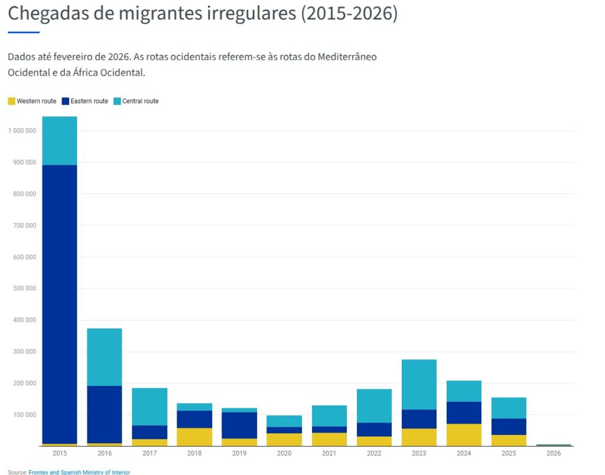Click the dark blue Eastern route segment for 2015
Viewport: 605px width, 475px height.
click(60, 304)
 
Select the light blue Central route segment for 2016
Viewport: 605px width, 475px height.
click(105, 357)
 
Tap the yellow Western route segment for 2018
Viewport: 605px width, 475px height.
click(194, 437)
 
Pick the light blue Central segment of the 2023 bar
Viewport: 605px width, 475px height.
click(419, 385)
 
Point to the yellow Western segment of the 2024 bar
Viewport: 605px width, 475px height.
click(464, 435)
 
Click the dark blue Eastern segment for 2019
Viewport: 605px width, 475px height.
click(239, 425)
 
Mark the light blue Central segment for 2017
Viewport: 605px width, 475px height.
click(149, 407)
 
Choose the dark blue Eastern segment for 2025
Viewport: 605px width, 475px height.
click(509, 427)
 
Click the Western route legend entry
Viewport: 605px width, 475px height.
click(32, 101)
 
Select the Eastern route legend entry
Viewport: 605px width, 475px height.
click(85, 101)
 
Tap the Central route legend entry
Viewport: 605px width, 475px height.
click(136, 101)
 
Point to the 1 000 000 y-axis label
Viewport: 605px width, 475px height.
click(22, 130)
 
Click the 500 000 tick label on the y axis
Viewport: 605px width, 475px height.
click(25, 288)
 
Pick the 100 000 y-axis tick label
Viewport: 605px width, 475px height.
click(25, 414)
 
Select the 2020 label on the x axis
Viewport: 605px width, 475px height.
click(284, 453)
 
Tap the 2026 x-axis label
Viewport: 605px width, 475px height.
click(554, 453)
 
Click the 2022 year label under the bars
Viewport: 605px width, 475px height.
click(374, 453)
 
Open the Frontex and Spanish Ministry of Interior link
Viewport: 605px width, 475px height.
click(79, 472)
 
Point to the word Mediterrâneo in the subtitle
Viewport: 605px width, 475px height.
click(347, 57)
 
